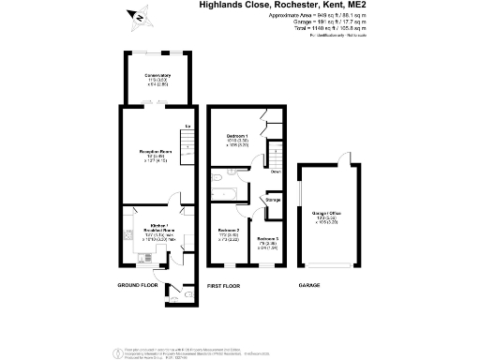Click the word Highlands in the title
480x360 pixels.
click(222, 5)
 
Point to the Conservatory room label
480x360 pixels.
click(157, 77)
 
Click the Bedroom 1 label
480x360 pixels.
click(236, 137)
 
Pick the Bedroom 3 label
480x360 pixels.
click(269, 240)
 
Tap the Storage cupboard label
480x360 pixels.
click(273, 200)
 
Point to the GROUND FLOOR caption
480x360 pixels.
click(138, 284)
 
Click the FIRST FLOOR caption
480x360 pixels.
click(224, 284)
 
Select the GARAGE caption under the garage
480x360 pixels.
click(308, 284)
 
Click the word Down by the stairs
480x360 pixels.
click(277, 172)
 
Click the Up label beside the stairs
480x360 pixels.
click(187, 126)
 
